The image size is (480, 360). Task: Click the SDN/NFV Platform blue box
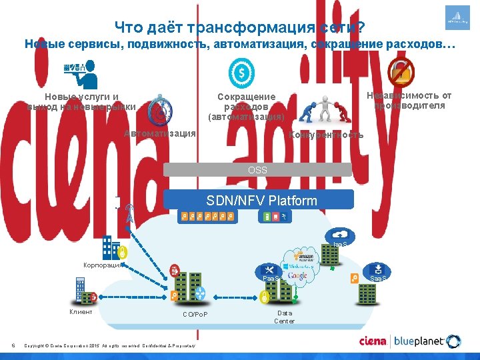(261, 200)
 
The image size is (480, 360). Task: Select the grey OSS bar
(257, 170)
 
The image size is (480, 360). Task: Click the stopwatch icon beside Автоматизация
(160, 109)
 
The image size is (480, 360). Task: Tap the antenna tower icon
(129, 214)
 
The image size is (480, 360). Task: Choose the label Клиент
(81, 311)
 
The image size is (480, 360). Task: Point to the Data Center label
(285, 317)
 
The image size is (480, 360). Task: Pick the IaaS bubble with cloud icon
(341, 237)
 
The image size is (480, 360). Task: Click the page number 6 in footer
(13, 345)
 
